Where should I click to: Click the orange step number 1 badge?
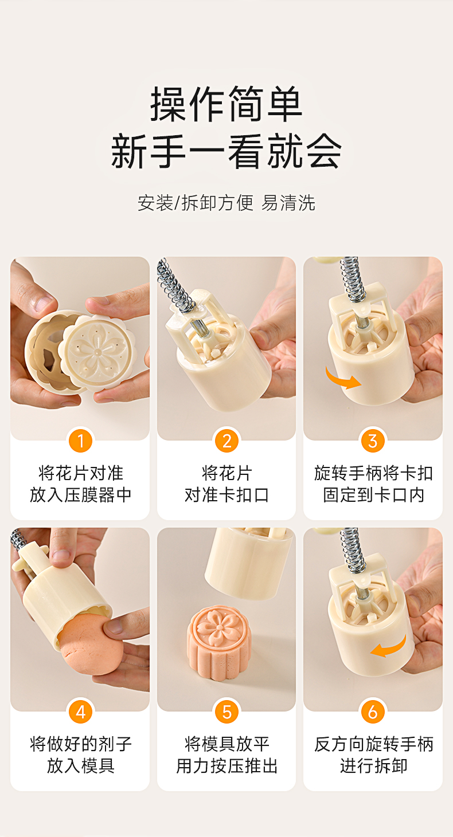(80, 441)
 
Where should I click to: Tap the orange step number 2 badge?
(226, 441)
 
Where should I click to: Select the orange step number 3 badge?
(373, 441)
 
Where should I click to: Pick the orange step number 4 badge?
(80, 712)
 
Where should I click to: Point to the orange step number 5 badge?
(226, 712)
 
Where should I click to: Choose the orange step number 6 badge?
(373, 712)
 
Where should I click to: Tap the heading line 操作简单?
(226, 104)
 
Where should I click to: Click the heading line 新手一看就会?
(226, 151)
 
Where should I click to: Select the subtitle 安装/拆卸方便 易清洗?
(226, 203)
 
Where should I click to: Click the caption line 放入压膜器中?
(80, 495)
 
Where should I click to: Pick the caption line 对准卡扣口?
(226, 495)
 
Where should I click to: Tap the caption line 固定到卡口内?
(373, 495)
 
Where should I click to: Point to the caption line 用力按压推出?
(226, 766)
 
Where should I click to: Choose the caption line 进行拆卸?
(373, 766)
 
